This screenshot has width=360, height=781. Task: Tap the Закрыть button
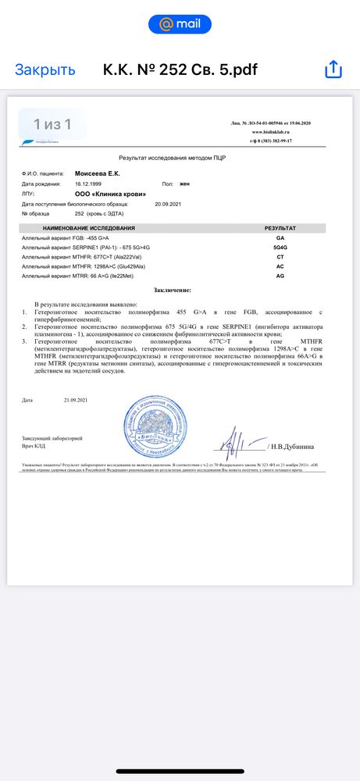[x=45, y=70]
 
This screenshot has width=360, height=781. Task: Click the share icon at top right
[x=333, y=70]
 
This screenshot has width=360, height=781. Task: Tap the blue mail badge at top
[x=180, y=24]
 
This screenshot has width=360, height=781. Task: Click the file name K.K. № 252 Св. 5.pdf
[x=180, y=70]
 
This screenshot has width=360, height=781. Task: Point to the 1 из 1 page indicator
[x=52, y=124]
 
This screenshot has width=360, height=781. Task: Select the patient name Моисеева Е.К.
[x=98, y=173]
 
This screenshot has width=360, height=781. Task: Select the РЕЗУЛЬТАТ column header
[x=280, y=228]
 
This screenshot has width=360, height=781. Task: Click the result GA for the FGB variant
[x=280, y=237]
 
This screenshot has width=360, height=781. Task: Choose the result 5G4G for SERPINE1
[x=280, y=247]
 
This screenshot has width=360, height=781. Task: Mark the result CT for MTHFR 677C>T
[x=280, y=257]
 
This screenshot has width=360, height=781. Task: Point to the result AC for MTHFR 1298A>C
[x=280, y=266]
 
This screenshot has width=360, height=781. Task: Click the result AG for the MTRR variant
[x=280, y=276]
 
